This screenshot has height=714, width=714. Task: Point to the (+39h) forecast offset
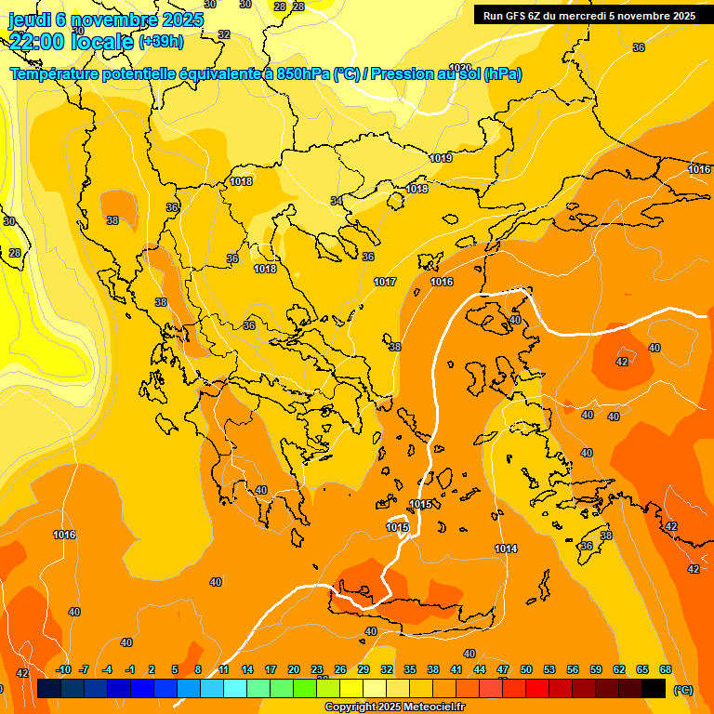click(x=161, y=42)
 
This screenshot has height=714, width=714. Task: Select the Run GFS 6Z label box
click(x=590, y=15)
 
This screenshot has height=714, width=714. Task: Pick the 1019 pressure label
click(x=441, y=159)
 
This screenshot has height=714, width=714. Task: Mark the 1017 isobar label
click(x=385, y=282)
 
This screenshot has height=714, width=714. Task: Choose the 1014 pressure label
click(x=506, y=549)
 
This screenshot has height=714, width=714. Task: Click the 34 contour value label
click(x=337, y=201)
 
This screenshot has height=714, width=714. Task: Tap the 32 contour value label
click(x=223, y=34)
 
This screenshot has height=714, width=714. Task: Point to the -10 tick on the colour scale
click(x=63, y=669)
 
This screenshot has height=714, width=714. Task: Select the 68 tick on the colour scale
click(x=666, y=669)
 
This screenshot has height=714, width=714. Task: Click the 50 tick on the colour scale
click(x=526, y=669)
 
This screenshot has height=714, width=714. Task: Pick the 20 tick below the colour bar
click(x=294, y=669)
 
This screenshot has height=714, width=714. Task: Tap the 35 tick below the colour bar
click(x=410, y=669)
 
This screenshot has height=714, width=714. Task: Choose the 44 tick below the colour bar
click(x=480, y=669)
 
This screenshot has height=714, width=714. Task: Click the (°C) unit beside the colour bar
click(x=683, y=690)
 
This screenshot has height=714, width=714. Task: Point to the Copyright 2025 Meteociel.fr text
click(x=395, y=707)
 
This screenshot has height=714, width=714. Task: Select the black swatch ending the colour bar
click(x=654, y=688)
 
